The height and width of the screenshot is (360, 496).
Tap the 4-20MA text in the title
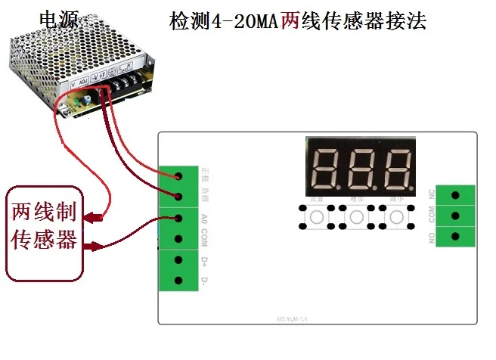pyautogui.click(x=238, y=20)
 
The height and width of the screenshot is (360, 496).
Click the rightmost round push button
pyautogui.click(x=396, y=218)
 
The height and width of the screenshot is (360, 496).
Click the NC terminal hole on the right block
pyautogui.click(x=455, y=195)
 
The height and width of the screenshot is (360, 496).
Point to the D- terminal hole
pyautogui.click(x=179, y=281)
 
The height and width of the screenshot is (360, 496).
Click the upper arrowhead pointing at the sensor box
pyautogui.click(x=92, y=219)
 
